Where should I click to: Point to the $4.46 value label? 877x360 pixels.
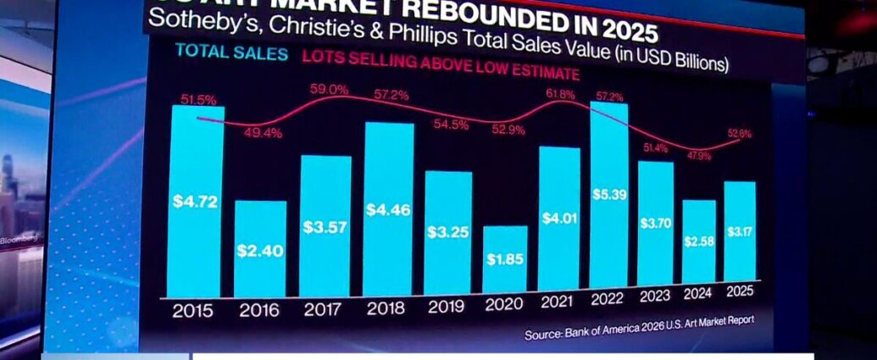pos(388,208)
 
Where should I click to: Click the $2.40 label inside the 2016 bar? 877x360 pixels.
pos(260,251)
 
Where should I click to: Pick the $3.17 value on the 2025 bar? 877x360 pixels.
pos(739,230)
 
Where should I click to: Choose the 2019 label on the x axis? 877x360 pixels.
pos(446,307)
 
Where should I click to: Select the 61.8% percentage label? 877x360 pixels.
pos(558,94)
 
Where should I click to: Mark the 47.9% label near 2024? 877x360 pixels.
pos(697,156)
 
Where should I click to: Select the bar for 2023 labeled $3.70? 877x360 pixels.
pos(655,223)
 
